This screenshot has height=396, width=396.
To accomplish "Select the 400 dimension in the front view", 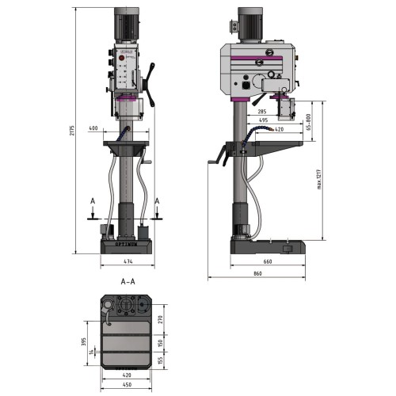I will click(x=94, y=128).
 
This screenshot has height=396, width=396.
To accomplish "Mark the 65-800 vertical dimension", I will click(x=307, y=121).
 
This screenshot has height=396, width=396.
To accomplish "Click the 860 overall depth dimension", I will click(x=257, y=273).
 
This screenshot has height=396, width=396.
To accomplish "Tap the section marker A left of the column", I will click(x=94, y=202).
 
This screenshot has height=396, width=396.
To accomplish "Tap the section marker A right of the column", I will click(x=158, y=202).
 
